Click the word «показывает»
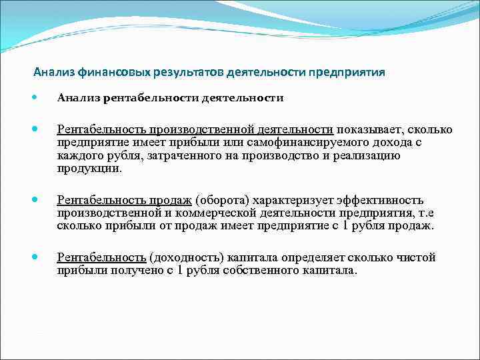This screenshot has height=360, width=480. [x=369, y=129]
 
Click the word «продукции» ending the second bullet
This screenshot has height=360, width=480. [x=89, y=169]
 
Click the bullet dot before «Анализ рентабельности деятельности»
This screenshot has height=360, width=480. [x=35, y=98]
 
